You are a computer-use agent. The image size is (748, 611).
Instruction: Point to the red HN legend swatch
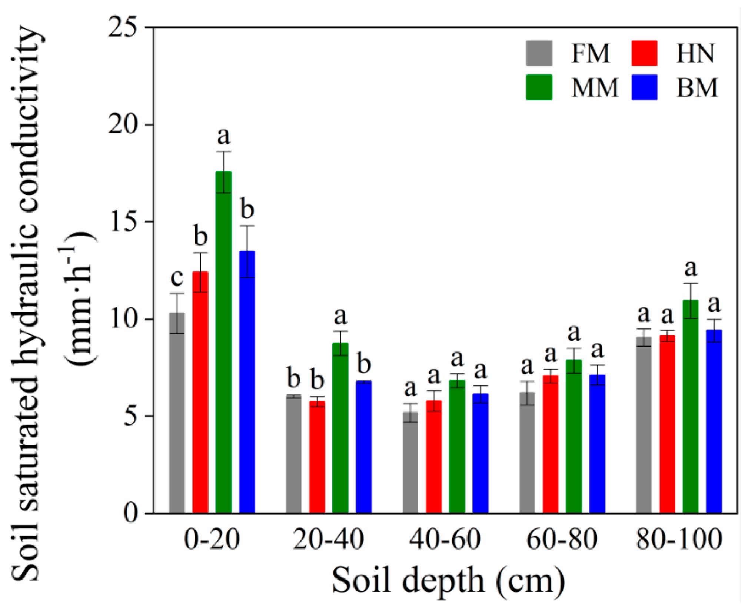pyautogui.click(x=644, y=53)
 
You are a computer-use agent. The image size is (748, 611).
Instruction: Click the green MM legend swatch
pyautogui.click(x=539, y=87)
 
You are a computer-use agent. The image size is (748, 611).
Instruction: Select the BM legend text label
pyautogui.click(x=697, y=88)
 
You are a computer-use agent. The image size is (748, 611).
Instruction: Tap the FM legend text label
pyautogui.click(x=590, y=54)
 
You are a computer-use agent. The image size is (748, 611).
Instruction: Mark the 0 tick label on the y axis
pyautogui.click(x=130, y=514)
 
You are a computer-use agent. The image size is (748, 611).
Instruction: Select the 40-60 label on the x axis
pyautogui.click(x=445, y=540)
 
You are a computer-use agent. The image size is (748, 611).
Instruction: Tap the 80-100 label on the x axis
pyautogui.click(x=679, y=540)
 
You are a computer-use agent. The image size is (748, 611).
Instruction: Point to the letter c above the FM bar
pyautogui.click(x=177, y=277)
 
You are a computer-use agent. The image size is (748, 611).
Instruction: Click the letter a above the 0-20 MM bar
pyautogui.click(x=223, y=136)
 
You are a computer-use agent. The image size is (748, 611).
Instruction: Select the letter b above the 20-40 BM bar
pyautogui.click(x=364, y=364)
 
